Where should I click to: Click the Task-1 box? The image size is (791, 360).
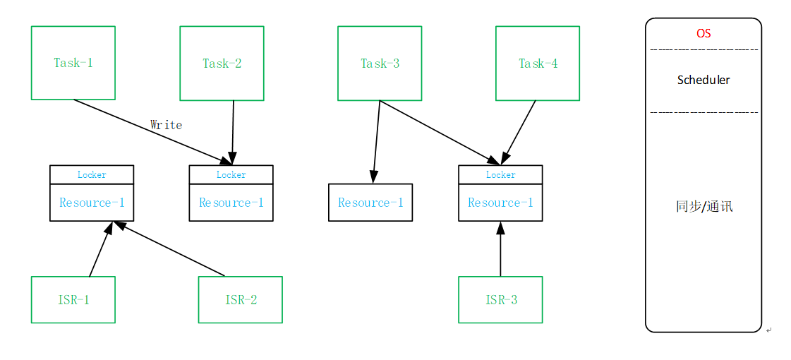[73, 63]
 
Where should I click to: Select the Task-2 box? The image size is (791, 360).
[222, 63]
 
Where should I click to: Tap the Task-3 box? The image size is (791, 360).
[380, 63]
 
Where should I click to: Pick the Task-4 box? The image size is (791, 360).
[538, 63]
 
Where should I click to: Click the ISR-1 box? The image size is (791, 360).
[73, 299]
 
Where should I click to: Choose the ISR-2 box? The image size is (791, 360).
[241, 299]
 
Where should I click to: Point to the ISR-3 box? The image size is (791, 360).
[500, 299]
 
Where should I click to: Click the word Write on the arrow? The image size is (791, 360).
[166, 125]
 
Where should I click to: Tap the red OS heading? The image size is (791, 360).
[704, 33]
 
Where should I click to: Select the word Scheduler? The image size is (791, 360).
[704, 80]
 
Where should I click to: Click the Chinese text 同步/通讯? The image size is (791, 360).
[704, 207]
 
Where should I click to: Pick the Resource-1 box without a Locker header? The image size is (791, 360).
[370, 203]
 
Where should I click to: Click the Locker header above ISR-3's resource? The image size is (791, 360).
[500, 174]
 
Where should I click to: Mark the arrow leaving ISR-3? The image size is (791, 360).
[500, 251]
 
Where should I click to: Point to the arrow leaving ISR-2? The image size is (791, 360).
[169, 249]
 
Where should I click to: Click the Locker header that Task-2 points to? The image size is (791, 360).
[231, 174]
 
